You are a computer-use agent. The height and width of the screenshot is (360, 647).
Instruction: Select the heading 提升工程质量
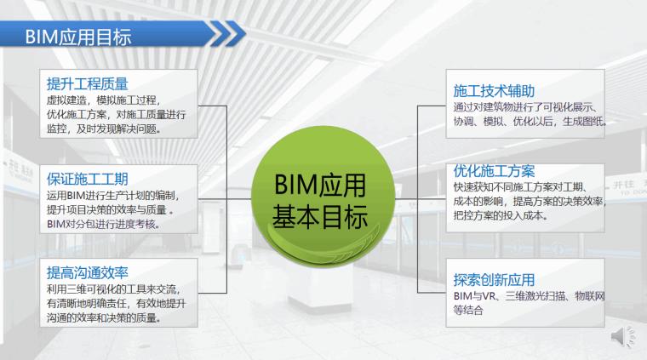click(88, 83)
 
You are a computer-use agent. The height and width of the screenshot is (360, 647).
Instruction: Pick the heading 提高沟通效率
click(88, 273)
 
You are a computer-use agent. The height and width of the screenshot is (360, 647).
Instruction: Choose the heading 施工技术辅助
click(495, 91)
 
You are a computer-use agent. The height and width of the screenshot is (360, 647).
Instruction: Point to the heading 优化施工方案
click(495, 171)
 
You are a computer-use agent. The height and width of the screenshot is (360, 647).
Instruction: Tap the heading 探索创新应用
click(495, 279)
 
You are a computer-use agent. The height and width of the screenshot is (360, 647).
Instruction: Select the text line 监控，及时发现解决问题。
click(103, 130)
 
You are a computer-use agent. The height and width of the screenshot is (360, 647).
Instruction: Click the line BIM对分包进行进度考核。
click(104, 225)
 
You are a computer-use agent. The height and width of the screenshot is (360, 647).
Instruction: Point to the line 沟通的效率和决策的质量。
click(104, 320)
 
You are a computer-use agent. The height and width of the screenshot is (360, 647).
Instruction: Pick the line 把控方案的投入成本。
click(501, 217)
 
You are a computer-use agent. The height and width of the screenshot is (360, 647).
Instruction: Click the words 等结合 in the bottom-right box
click(468, 310)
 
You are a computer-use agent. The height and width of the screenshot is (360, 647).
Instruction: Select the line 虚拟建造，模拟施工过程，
click(102, 100)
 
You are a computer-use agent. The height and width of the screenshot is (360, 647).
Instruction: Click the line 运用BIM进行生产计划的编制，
click(113, 194)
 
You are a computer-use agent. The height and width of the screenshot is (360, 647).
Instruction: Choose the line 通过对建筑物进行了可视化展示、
click(529, 107)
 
